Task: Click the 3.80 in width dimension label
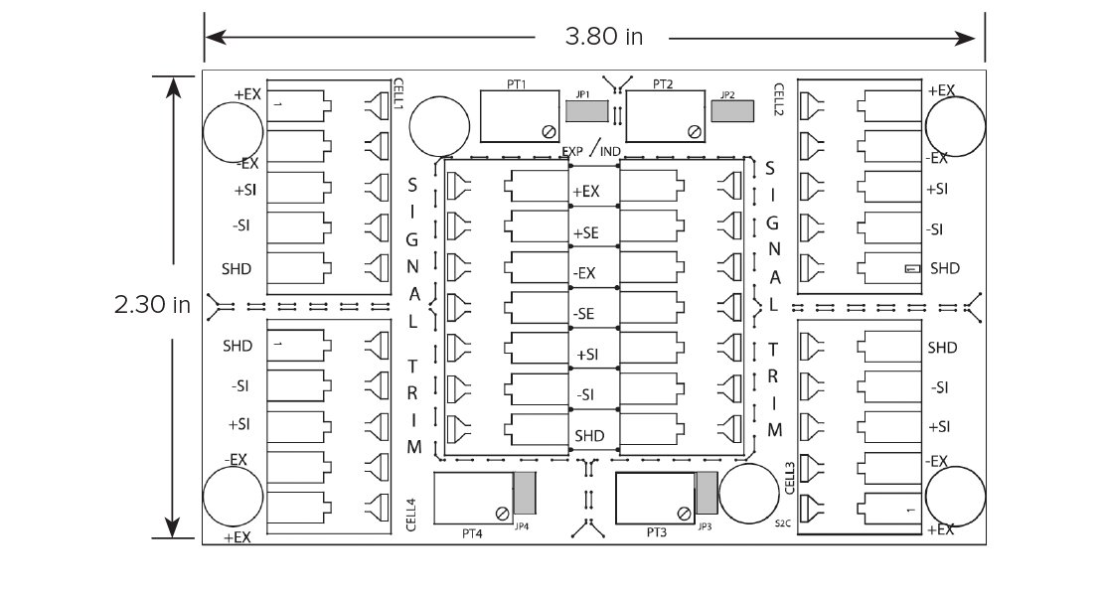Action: tap(603, 37)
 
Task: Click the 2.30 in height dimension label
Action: tap(152, 304)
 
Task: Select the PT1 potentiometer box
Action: tap(521, 116)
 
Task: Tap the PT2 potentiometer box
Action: tap(666, 116)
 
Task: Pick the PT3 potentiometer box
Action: tap(655, 499)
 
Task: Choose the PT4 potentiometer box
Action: tap(473, 499)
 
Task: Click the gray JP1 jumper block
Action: tap(586, 111)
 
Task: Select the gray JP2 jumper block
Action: tap(732, 111)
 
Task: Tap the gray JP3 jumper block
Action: tap(707, 493)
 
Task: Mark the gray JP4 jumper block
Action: tap(525, 493)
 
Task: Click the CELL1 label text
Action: tap(398, 93)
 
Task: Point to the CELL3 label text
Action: tap(789, 478)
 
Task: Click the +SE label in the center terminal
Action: tap(586, 232)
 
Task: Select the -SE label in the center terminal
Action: tap(583, 314)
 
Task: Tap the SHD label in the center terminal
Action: tap(589, 436)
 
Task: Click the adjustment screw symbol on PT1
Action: tap(549, 131)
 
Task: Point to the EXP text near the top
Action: tap(572, 151)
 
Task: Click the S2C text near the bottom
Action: tap(783, 523)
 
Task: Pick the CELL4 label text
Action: tap(411, 515)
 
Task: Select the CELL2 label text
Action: tap(779, 99)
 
